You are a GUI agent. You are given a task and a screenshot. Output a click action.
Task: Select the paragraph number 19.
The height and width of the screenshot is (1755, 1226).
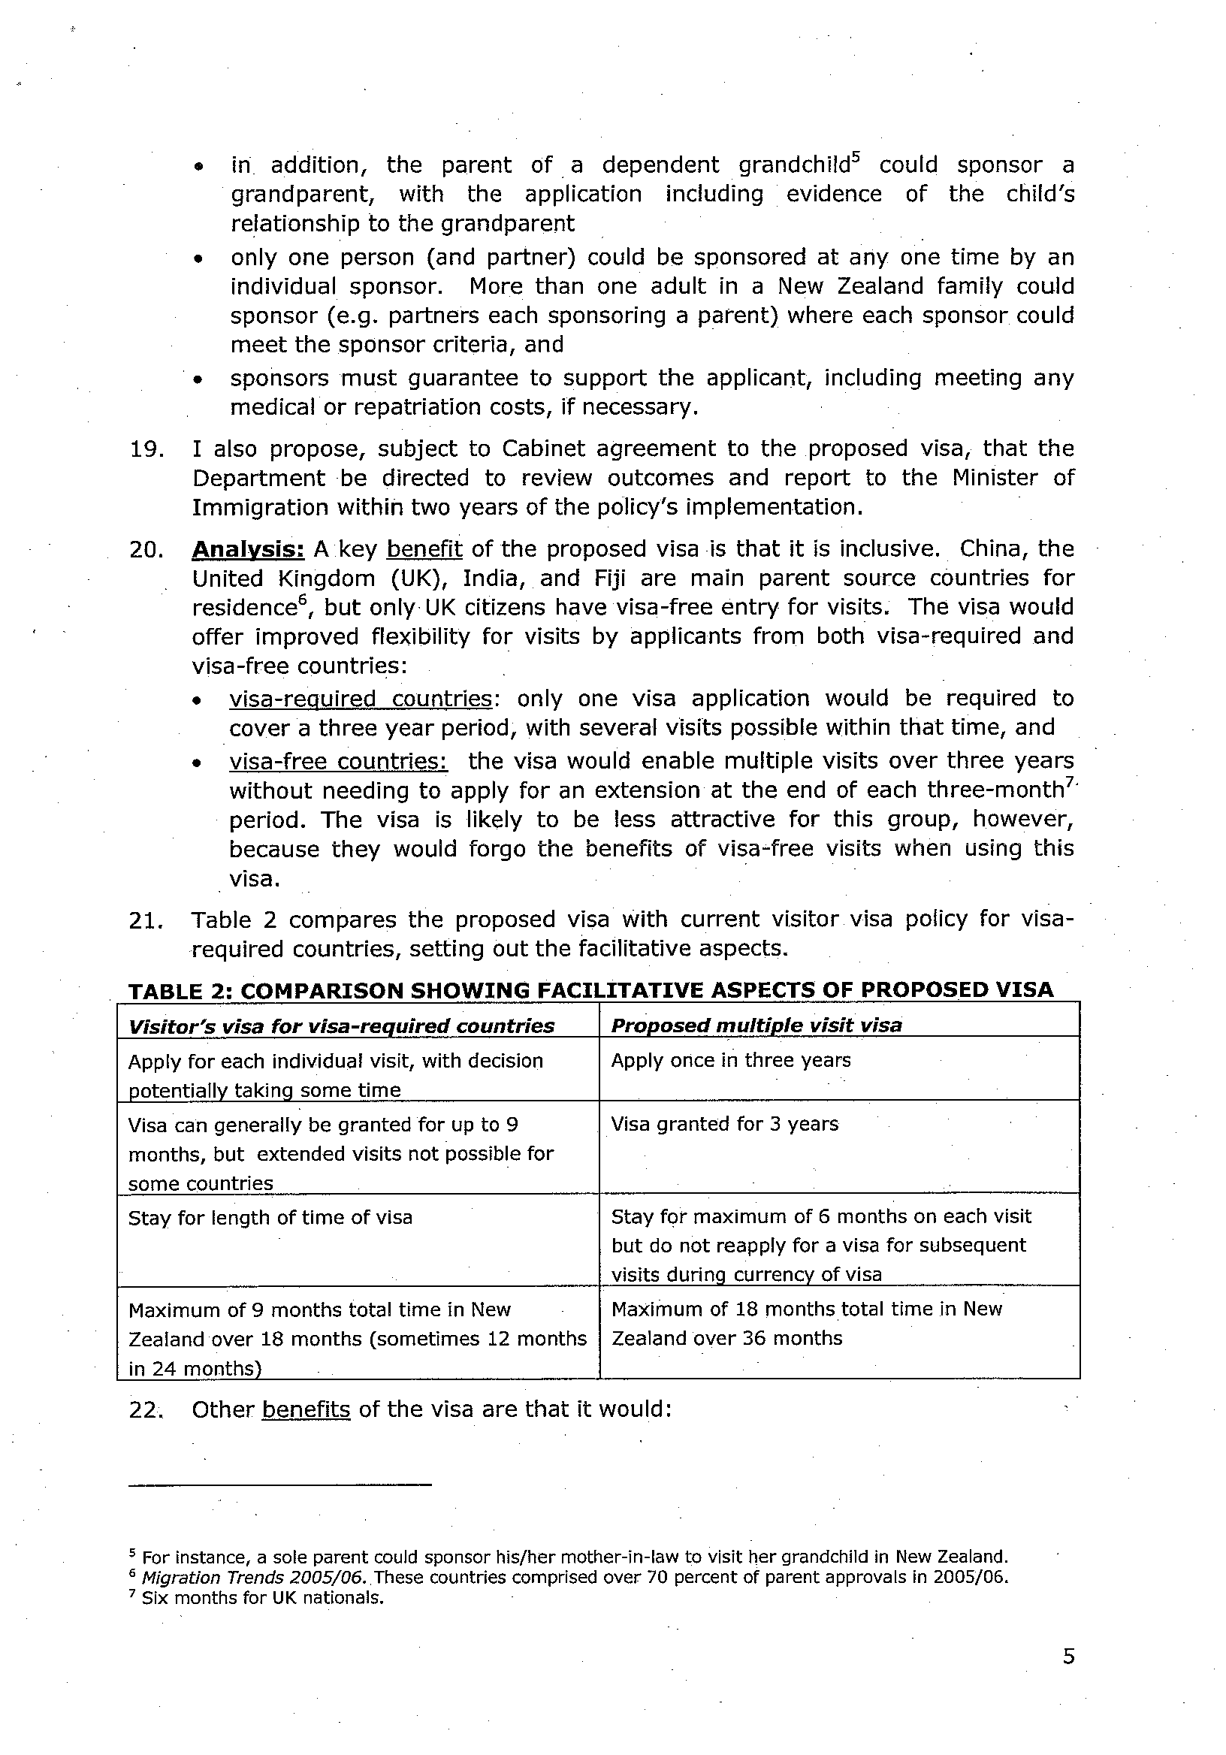click(x=146, y=449)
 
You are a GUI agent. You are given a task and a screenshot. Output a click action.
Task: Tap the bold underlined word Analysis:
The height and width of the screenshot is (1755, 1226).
click(x=248, y=549)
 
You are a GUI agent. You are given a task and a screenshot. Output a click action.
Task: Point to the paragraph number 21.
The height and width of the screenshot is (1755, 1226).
click(x=146, y=920)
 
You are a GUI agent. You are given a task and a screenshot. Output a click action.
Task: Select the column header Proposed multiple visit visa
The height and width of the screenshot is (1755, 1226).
click(x=756, y=1025)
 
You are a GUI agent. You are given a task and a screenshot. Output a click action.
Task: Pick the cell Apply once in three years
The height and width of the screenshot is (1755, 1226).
click(x=731, y=1060)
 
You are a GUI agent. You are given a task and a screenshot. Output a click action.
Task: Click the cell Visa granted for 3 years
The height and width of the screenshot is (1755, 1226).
click(x=725, y=1124)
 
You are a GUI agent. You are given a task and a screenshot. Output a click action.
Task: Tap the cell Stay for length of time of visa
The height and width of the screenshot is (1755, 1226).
click(x=270, y=1217)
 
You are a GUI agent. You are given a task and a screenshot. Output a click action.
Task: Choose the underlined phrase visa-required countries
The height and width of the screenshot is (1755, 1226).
click(x=361, y=699)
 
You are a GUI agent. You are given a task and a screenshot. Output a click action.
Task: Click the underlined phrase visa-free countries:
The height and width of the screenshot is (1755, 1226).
click(x=339, y=761)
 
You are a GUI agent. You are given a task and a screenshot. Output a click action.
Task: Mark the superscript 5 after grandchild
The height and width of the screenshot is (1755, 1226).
click(x=856, y=159)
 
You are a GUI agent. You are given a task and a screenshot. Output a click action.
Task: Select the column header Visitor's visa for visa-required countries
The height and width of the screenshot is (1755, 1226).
click(x=341, y=1026)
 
